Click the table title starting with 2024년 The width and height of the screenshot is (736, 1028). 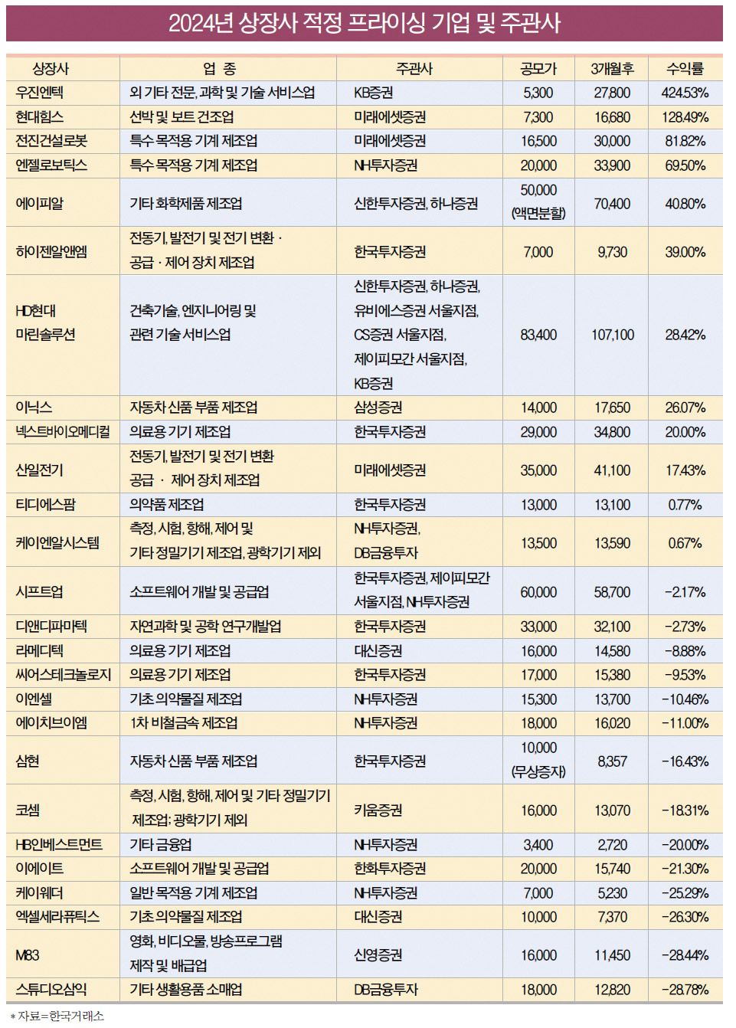pos(365,23)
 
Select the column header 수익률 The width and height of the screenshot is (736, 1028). pos(685,69)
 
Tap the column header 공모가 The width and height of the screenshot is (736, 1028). pos(538,69)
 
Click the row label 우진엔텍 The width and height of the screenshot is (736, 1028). pos(40,93)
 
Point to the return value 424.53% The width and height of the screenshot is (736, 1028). pos(685,93)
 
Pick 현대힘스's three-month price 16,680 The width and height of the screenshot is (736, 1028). pos(612,117)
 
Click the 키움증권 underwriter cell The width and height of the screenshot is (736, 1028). pos(378,810)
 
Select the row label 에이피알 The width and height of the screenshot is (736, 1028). pos(40,203)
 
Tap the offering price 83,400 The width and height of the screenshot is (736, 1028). pos(538,335)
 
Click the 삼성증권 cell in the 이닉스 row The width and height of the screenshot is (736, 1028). pos(378,408)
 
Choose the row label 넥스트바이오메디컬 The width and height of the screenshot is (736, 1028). pos(63,432)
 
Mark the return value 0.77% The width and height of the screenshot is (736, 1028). pos(685,505)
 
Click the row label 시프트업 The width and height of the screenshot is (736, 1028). pos(40,592)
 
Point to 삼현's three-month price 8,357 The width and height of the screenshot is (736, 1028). pos(612,761)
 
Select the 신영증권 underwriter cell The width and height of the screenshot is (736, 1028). pos(378,955)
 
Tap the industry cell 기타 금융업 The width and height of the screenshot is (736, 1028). pos(161,845)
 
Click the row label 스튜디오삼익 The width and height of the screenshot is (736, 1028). pos(51,990)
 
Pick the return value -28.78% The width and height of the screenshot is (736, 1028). pos(685,990)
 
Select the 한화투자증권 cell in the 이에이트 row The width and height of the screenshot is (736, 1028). pos(390,869)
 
